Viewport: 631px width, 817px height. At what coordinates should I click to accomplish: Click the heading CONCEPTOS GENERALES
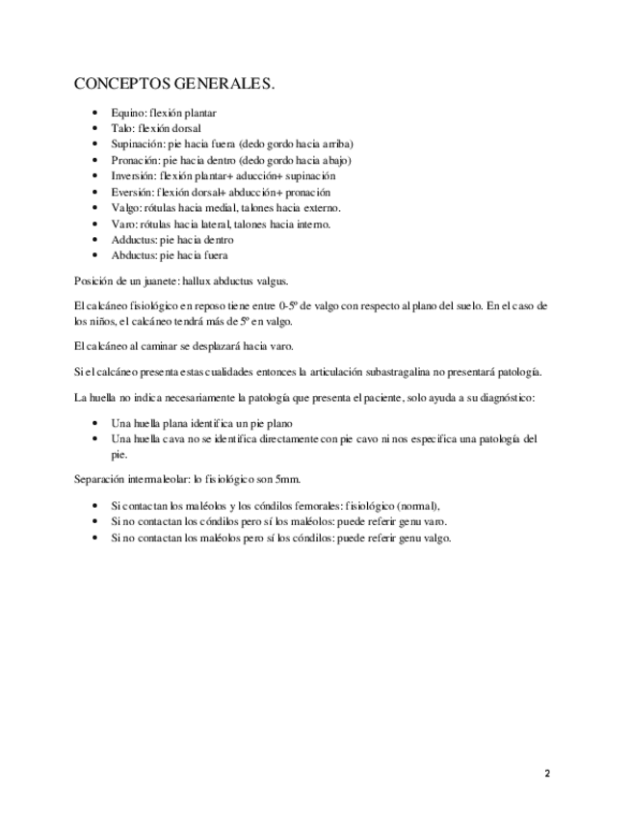pyautogui.click(x=174, y=84)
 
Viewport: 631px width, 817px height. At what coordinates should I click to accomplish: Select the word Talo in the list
pyautogui.click(x=121, y=128)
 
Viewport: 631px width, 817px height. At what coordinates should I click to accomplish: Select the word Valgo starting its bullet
pyautogui.click(x=125, y=208)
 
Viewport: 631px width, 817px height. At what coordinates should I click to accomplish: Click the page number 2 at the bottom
pyautogui.click(x=547, y=774)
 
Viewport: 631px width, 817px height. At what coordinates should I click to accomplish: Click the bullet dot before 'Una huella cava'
pyautogui.click(x=94, y=438)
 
